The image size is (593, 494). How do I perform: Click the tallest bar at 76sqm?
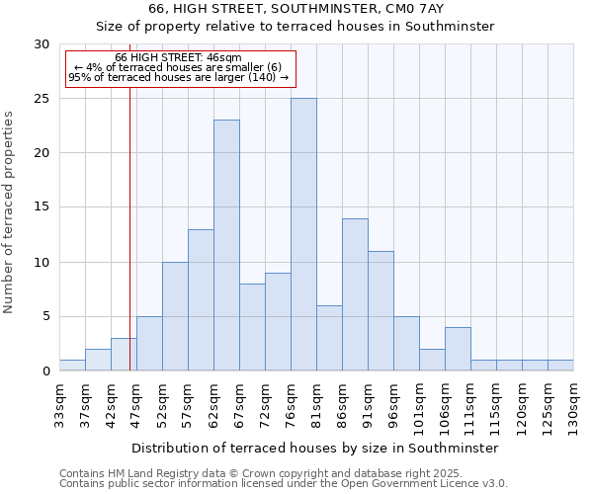pos(303,235)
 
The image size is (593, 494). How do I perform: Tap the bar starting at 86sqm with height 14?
pos(355,294)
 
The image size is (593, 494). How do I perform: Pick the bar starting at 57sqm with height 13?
pos(201,300)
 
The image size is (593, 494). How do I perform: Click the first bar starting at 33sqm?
pos(72,366)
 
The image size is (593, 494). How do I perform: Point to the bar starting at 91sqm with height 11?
pos(381,311)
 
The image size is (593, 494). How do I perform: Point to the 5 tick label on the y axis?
pos(44,317)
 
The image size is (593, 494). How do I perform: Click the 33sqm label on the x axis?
pos(60,402)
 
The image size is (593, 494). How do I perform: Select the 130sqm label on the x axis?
pos(574,405)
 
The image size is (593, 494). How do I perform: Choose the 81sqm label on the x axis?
pos(317,402)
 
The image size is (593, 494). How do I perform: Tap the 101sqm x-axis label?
pos(420,405)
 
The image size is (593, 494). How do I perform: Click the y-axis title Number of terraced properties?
pos(9,212)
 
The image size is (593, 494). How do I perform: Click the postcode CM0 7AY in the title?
pos(419,9)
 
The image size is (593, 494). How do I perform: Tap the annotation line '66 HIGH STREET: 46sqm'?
pos(178,58)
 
